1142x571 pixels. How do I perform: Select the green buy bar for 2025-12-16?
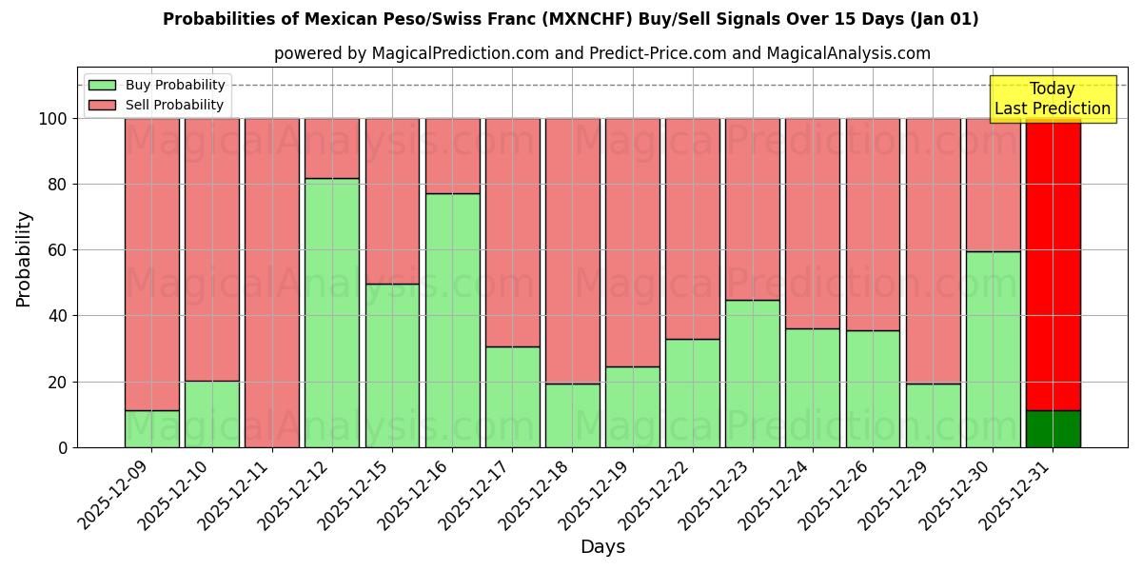(452, 320)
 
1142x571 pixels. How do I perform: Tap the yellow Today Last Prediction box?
(1053, 99)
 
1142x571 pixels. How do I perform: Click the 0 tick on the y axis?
(63, 447)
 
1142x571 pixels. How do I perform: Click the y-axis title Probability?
(24, 258)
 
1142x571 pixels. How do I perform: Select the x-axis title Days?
(602, 547)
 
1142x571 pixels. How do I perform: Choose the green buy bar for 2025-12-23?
(752, 373)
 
